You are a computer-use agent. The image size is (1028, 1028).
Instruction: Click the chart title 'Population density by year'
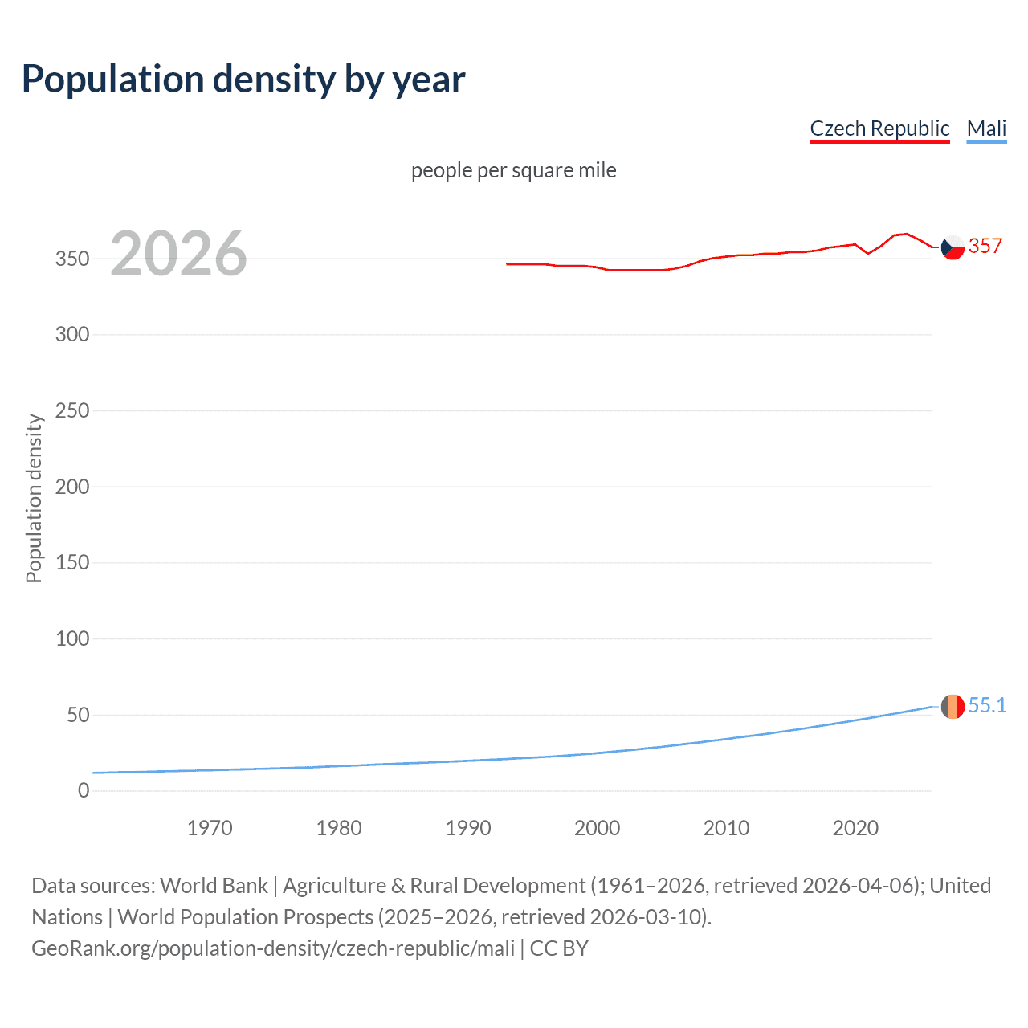(x=243, y=80)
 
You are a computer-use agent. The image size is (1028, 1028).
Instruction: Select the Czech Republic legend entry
(x=879, y=128)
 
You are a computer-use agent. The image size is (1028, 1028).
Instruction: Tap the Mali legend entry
(x=986, y=128)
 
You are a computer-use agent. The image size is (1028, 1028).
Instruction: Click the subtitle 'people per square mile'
(x=513, y=170)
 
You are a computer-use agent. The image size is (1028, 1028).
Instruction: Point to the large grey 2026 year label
(x=178, y=254)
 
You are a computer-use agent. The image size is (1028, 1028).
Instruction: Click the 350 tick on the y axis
(x=72, y=259)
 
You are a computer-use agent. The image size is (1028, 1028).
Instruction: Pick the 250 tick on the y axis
(x=72, y=410)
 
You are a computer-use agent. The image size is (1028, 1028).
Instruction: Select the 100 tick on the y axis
(x=72, y=638)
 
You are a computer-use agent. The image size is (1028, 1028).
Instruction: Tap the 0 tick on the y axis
(x=84, y=790)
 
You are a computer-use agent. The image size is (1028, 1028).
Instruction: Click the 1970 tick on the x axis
(x=210, y=828)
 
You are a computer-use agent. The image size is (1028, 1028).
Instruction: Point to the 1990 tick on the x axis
(x=468, y=828)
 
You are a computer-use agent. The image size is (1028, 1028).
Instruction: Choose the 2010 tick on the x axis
(x=726, y=828)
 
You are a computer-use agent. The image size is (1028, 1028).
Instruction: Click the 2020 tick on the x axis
(x=855, y=828)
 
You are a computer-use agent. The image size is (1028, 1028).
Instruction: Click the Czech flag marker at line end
(x=953, y=247)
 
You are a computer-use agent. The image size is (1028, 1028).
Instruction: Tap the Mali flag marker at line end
(x=953, y=706)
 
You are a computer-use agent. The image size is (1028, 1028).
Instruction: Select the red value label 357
(x=985, y=246)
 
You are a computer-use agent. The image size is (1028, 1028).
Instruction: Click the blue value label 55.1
(x=987, y=705)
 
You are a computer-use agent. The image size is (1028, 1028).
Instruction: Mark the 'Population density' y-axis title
(x=34, y=498)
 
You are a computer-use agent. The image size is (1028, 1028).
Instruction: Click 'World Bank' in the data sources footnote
(x=214, y=885)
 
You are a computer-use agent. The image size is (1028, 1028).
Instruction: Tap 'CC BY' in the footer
(x=559, y=948)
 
